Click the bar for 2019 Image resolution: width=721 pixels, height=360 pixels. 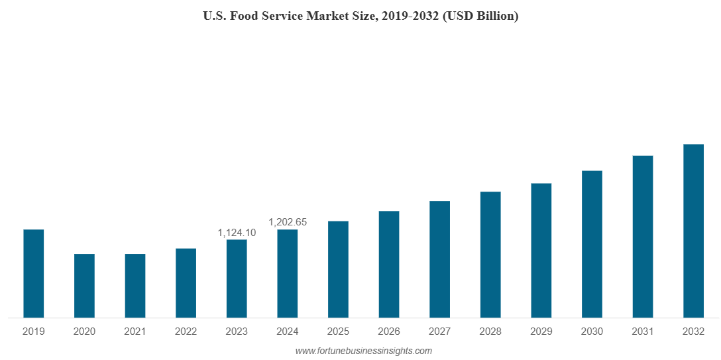[x=34, y=274]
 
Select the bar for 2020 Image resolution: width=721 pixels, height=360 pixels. [x=84, y=286]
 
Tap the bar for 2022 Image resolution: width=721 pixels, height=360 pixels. [x=186, y=283]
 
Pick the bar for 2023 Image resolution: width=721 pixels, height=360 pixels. [x=237, y=278]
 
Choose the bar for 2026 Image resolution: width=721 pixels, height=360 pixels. [x=389, y=265]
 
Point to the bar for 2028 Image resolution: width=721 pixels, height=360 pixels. [x=490, y=255]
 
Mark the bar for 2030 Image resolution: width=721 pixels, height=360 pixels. [x=592, y=244]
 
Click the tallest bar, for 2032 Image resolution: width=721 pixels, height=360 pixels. [x=693, y=231]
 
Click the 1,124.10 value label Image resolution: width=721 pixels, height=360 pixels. [x=237, y=233]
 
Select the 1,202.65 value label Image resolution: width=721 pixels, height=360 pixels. [x=288, y=222]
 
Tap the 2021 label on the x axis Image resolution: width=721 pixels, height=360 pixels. [x=135, y=331]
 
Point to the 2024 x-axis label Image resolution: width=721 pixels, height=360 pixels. [x=288, y=331]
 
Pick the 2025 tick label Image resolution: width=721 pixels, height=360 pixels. [x=338, y=331]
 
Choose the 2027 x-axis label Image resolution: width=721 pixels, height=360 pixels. [x=439, y=331]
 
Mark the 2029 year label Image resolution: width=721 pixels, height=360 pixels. [x=541, y=331]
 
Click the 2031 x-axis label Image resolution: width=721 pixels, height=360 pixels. [x=643, y=331]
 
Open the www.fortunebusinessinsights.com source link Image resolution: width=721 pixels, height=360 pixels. [x=363, y=351]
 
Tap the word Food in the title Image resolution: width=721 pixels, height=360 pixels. [x=243, y=17]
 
